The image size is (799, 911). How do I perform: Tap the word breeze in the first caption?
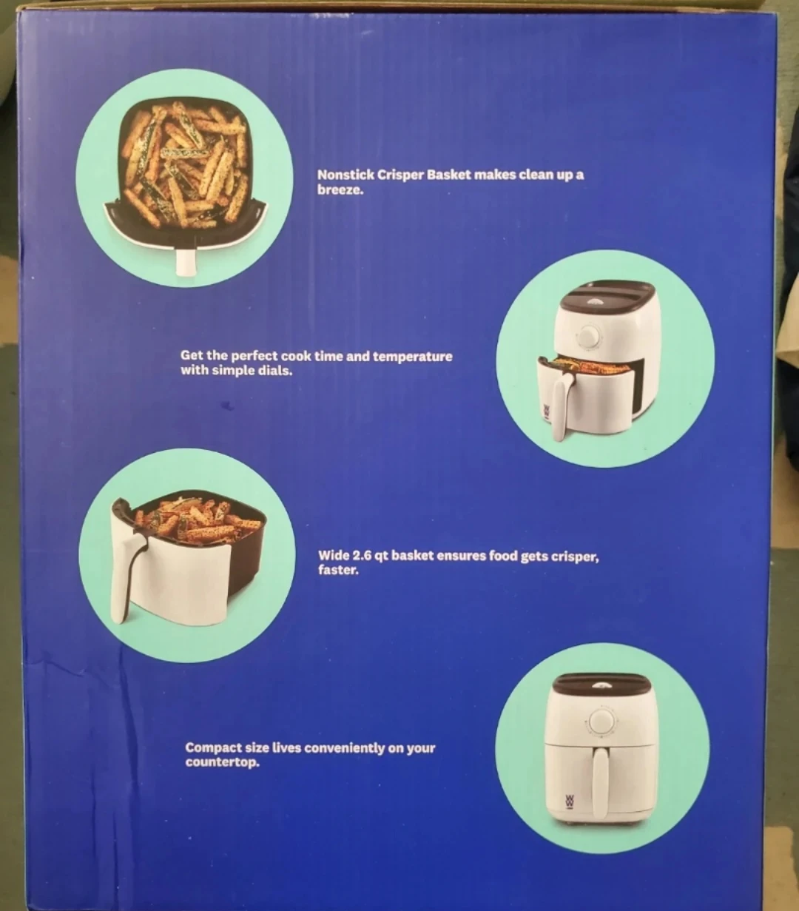[x=339, y=190]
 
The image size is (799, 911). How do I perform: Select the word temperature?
[x=412, y=357]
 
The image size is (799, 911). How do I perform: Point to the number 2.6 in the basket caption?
[x=362, y=556]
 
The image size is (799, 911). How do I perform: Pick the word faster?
[x=338, y=570]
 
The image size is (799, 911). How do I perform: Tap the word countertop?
[x=222, y=762]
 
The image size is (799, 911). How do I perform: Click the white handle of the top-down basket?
[x=186, y=262]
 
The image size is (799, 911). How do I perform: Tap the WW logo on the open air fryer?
[x=547, y=412]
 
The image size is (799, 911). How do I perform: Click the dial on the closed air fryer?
[x=601, y=722]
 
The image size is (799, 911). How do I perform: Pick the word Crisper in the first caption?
[x=399, y=175]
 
